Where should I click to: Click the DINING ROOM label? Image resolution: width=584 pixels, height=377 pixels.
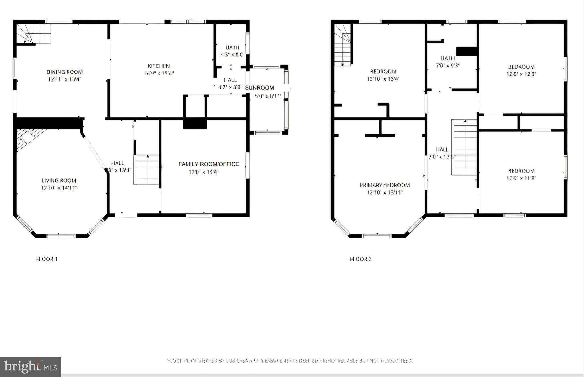coord(64,72)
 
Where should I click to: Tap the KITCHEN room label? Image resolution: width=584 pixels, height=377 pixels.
coord(159,66)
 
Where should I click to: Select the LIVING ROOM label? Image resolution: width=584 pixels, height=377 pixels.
coord(59,181)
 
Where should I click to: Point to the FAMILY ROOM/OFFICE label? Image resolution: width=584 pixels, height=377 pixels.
coord(208,164)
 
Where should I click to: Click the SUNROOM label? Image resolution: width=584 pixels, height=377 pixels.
coord(259,88)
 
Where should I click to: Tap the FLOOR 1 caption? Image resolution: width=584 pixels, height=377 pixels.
coord(47,259)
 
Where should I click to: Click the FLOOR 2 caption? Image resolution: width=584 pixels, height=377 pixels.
coord(360,259)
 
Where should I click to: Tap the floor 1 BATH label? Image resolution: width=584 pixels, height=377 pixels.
coord(232,48)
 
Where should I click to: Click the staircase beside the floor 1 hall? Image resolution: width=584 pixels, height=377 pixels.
coord(147,170)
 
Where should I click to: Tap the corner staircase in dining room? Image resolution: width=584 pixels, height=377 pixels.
coord(33,34)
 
